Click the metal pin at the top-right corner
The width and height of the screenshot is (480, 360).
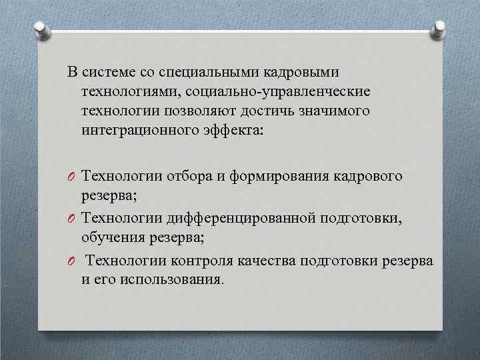(x=439, y=29)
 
